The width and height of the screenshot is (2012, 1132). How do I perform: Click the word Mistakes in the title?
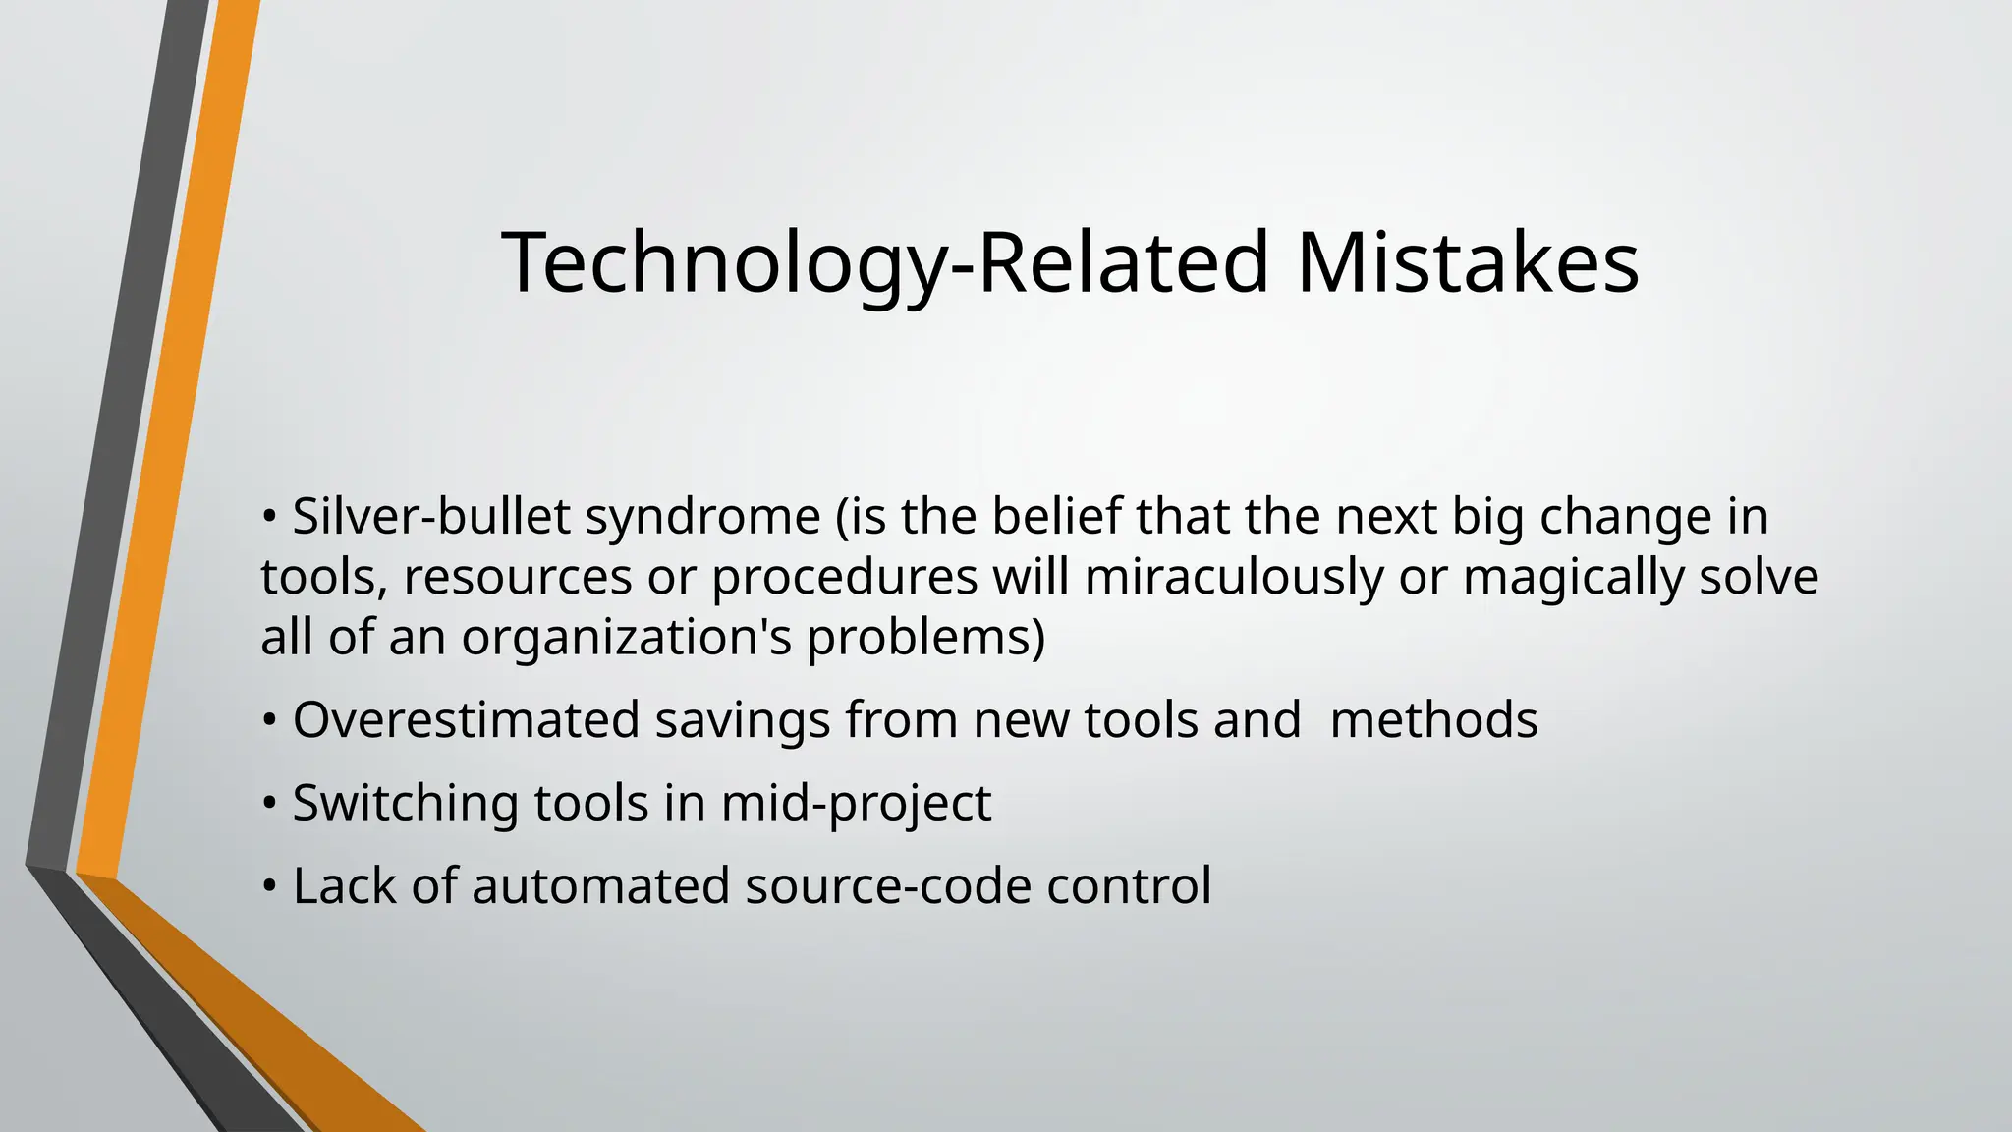coord(1467,262)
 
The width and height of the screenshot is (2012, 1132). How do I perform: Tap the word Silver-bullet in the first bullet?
coord(430,517)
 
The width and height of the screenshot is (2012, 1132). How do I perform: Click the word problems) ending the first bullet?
coord(925,639)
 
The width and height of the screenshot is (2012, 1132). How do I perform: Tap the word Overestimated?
coord(466,719)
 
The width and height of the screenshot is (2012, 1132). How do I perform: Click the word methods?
coord(1432,719)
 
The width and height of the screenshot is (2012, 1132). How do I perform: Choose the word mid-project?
coord(856,804)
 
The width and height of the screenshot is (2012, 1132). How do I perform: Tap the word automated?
coord(600,885)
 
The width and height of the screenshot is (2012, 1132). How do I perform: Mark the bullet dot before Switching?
coord(269,805)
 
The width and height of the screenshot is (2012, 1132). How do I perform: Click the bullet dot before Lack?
coord(269,887)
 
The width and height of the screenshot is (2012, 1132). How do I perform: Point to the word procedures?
coord(844,578)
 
